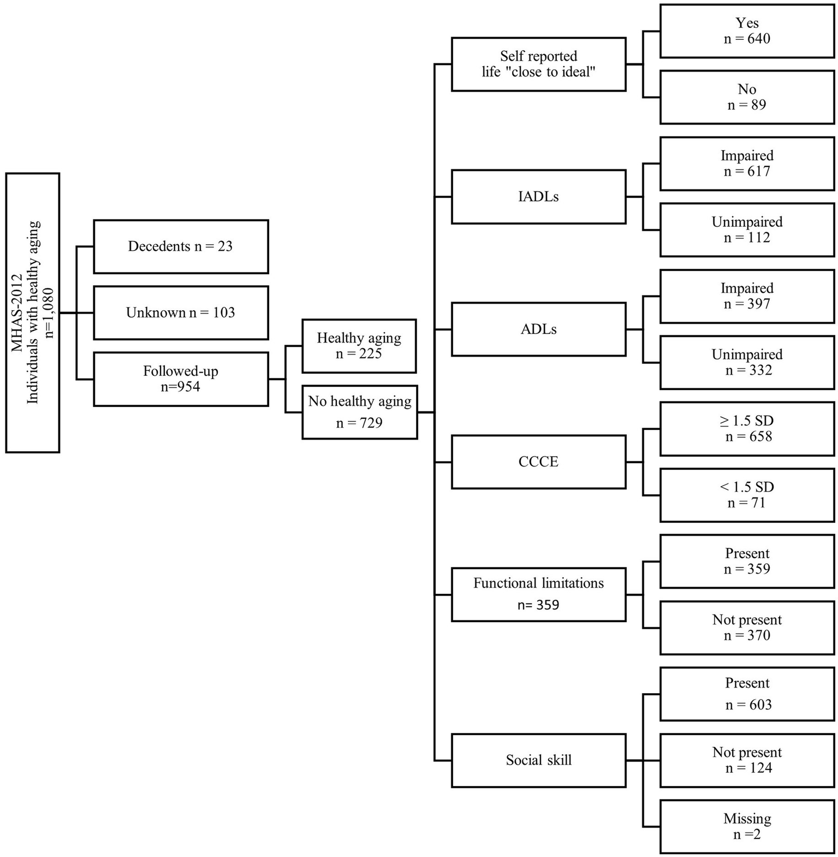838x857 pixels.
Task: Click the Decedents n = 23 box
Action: (181, 246)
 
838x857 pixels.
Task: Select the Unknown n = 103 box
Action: (181, 312)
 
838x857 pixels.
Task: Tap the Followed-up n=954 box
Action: (181, 379)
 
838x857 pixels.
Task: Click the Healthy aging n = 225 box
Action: (359, 346)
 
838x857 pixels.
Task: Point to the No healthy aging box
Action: (359, 412)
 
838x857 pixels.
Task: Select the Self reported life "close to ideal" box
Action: (538, 64)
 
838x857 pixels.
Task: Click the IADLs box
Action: (538, 197)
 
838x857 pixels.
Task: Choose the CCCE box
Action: (538, 462)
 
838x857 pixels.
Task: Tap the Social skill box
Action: (538, 760)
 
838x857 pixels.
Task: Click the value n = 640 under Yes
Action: (747, 39)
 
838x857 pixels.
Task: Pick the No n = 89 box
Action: (747, 97)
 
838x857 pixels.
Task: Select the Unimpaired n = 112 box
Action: (747, 229)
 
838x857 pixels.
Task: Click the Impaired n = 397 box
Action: (747, 295)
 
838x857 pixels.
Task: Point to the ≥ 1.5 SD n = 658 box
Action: (747, 428)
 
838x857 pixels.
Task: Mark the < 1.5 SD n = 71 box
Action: (747, 495)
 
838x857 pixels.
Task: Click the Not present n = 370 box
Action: (747, 628)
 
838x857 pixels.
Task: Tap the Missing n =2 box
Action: (747, 826)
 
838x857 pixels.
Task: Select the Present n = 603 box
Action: (747, 694)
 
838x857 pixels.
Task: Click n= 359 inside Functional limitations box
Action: (538, 605)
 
